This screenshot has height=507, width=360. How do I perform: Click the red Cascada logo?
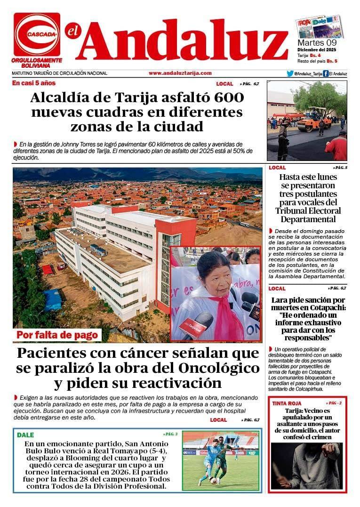click(37, 34)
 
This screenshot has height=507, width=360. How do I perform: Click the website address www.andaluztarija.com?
click(180, 73)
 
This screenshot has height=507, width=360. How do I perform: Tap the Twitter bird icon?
click(290, 73)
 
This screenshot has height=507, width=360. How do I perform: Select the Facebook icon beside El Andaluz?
click(326, 73)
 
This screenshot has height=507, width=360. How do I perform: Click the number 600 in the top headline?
click(228, 98)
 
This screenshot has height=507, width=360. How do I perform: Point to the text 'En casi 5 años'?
click(34, 83)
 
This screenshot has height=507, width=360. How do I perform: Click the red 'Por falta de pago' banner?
click(58, 335)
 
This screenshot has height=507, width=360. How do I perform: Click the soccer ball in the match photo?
click(214, 481)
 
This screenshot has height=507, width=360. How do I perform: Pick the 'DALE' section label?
click(25, 435)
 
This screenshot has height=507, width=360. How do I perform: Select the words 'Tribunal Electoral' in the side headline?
click(308, 210)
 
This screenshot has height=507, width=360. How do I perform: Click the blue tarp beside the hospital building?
click(53, 300)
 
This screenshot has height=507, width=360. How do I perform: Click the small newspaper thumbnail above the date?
click(319, 27)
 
